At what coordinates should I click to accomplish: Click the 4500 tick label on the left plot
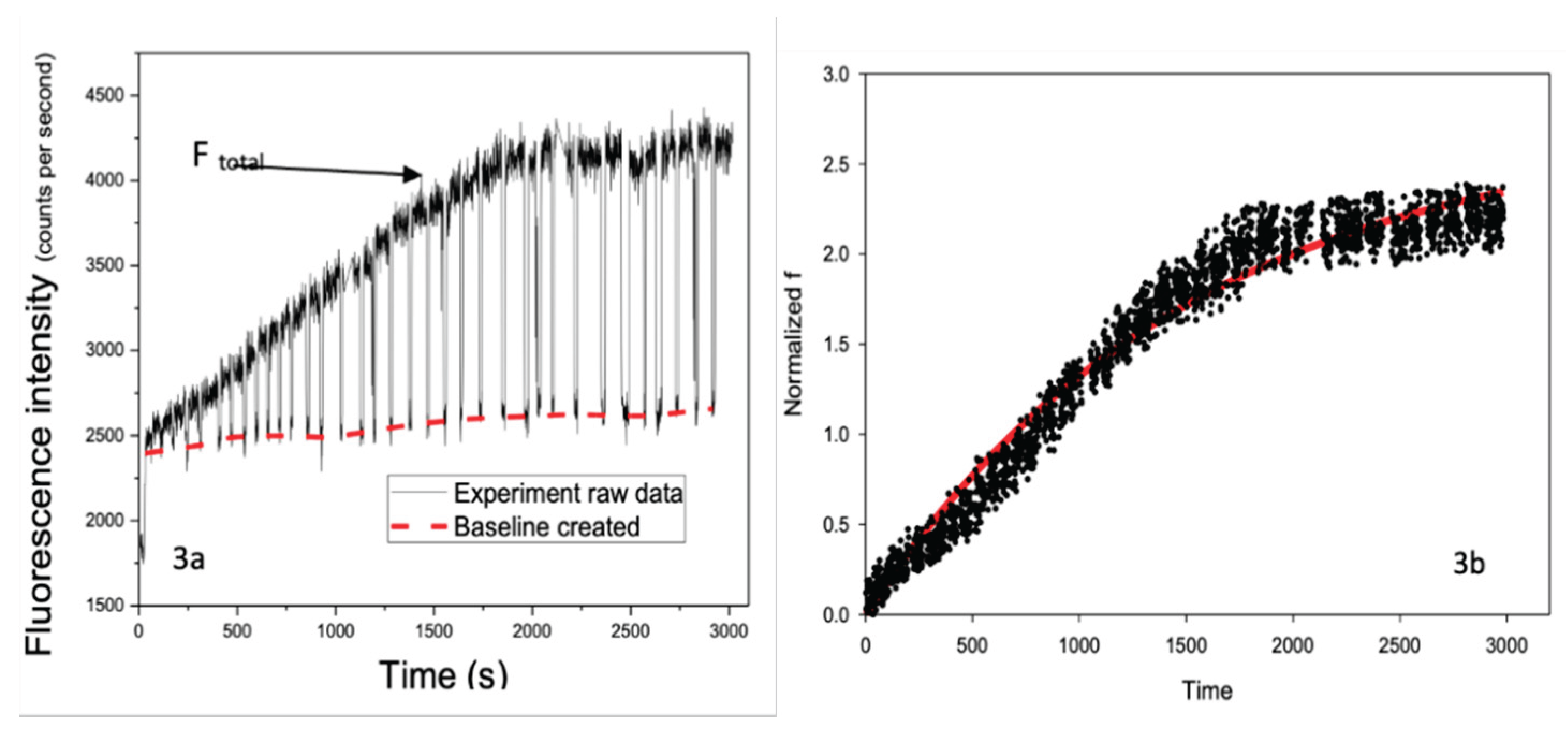pos(105,96)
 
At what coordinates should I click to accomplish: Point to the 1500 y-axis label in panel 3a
pos(105,606)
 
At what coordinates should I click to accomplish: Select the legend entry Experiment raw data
pos(568,493)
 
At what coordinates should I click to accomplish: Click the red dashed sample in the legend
pos(419,526)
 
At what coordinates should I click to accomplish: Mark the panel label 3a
pos(188,558)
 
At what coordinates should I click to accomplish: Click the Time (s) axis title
pos(443,675)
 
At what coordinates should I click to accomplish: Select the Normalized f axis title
pos(793,344)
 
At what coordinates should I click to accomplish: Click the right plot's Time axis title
pos(1207,690)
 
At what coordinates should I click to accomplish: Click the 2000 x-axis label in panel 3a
pos(531,631)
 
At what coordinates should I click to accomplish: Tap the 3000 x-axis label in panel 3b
pos(1506,645)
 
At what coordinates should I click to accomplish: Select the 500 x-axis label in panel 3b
pos(972,645)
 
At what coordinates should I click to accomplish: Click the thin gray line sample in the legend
pos(419,492)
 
